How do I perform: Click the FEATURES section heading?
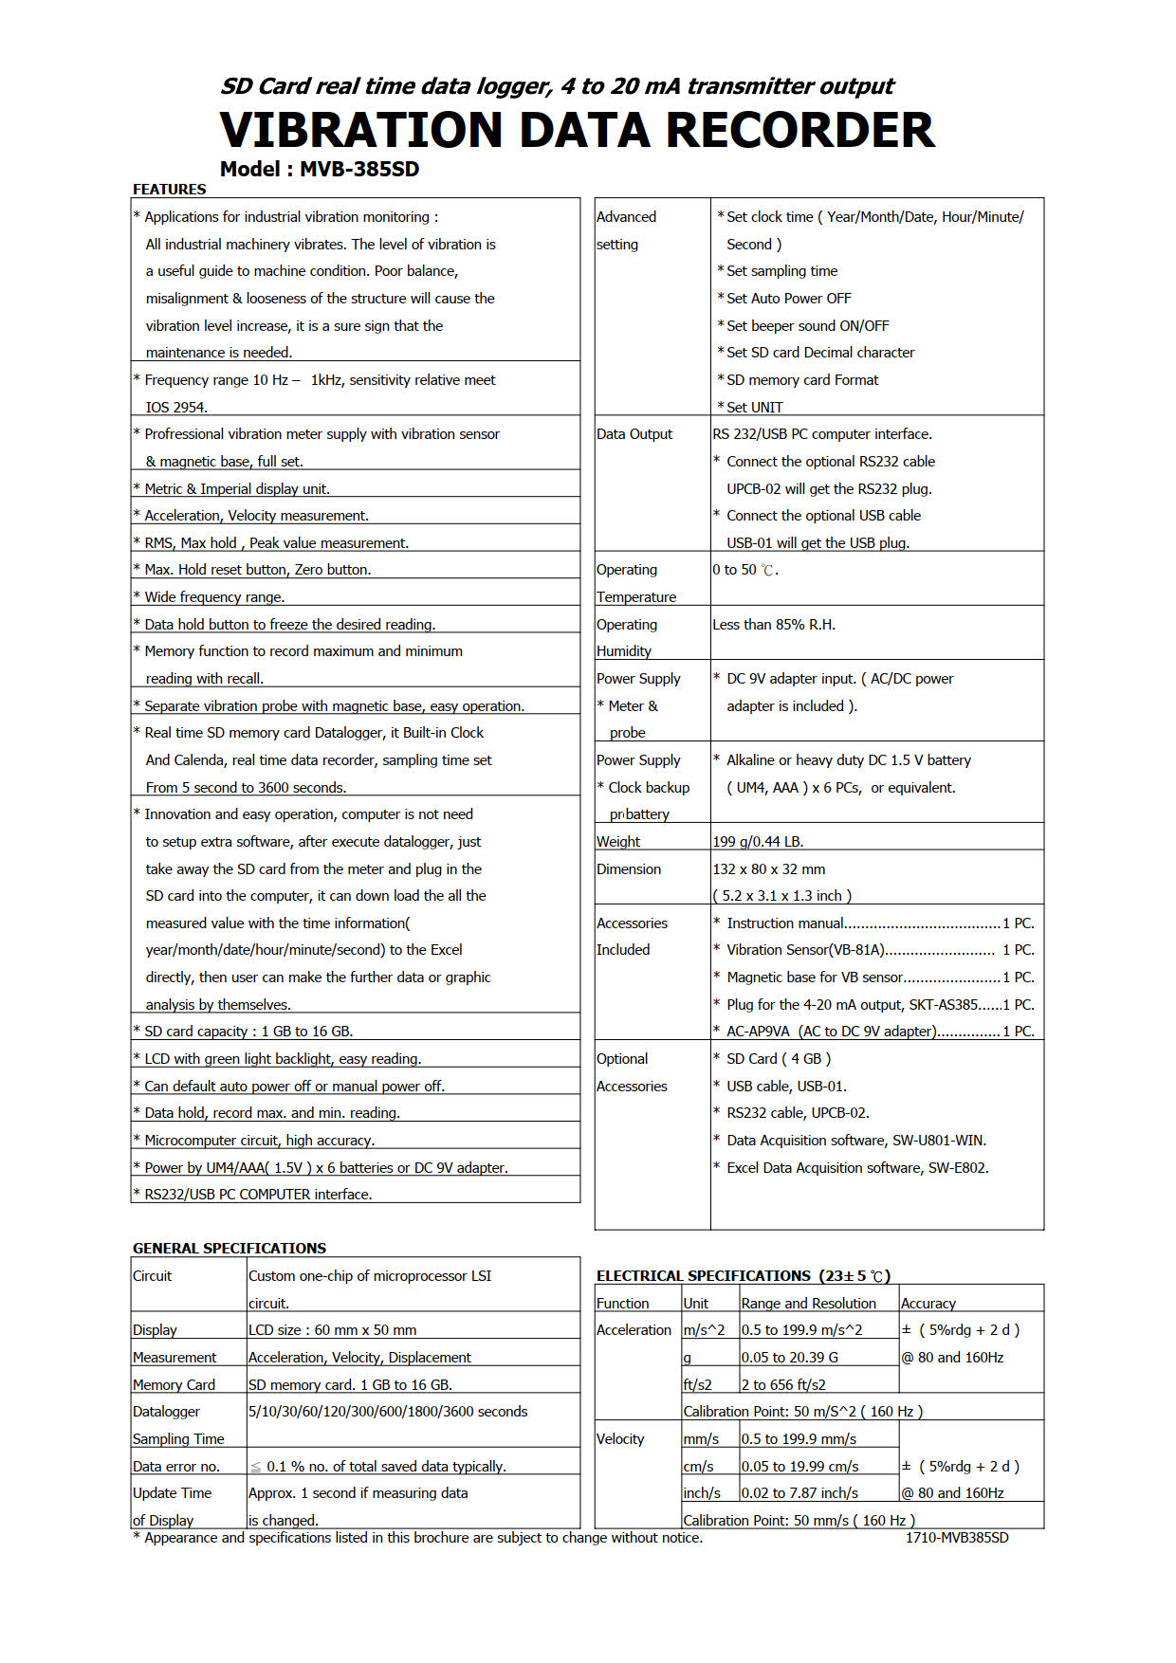[169, 190]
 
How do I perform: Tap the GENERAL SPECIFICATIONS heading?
[230, 1249]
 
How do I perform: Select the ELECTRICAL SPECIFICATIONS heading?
[704, 1276]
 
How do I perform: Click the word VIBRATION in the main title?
[361, 131]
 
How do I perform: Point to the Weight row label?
[618, 842]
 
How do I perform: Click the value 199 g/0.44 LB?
[758, 842]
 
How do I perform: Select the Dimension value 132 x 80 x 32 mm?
[769, 869]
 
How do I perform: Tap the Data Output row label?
[634, 434]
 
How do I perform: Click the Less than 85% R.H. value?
[774, 625]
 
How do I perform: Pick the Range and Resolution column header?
[808, 1304]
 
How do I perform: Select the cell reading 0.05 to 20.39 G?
[790, 1358]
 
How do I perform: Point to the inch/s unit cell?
[702, 1493]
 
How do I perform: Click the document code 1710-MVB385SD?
[957, 1538]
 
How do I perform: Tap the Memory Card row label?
[174, 1385]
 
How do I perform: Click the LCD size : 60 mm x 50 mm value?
[332, 1330]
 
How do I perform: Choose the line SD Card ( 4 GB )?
[779, 1059]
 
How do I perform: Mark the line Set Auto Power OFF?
[789, 299]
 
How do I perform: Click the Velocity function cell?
[620, 1439]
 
